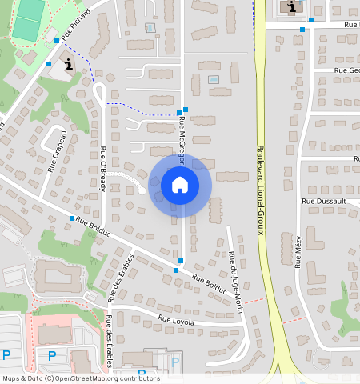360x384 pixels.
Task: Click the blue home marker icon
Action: [180, 185]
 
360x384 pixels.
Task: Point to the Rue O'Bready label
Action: [103, 167]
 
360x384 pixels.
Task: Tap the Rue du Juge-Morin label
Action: [235, 272]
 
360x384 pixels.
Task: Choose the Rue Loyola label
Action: [176, 320]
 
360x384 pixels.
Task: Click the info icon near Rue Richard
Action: [69, 65]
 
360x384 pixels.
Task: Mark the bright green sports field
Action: [30, 20]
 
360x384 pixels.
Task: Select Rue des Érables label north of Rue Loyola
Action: [123, 276]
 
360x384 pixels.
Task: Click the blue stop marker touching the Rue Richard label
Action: [57, 40]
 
